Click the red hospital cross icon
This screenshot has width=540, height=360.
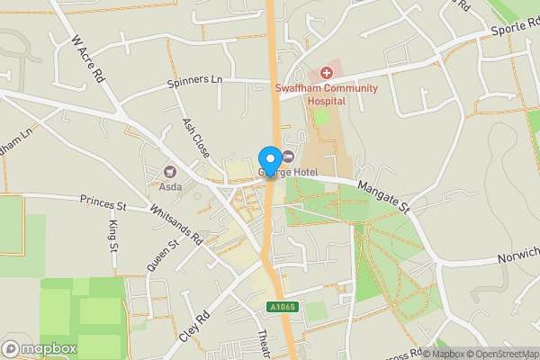327,71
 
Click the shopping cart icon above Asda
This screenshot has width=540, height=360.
170,172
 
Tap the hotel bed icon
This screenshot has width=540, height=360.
289,157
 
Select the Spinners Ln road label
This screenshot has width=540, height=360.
194,81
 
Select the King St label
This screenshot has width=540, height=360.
114,233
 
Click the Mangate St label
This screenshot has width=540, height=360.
382,195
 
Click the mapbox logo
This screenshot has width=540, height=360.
40,347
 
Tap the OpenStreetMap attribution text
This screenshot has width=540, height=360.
501,353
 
